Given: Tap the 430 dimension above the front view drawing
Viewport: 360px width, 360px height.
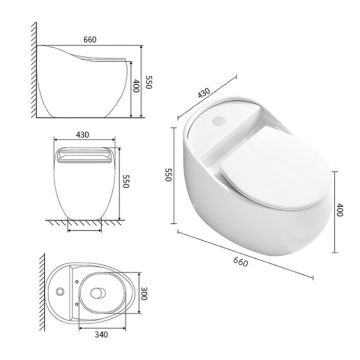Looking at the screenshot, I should (82, 135).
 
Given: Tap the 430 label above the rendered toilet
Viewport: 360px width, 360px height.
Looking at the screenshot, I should (204, 93).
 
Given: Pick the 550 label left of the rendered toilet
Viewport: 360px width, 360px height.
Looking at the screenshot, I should (167, 175).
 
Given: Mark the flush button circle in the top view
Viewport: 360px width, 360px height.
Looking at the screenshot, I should (61, 292).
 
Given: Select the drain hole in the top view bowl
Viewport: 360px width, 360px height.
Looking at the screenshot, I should (97, 293).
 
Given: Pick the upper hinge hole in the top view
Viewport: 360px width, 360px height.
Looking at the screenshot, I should (77, 281).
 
